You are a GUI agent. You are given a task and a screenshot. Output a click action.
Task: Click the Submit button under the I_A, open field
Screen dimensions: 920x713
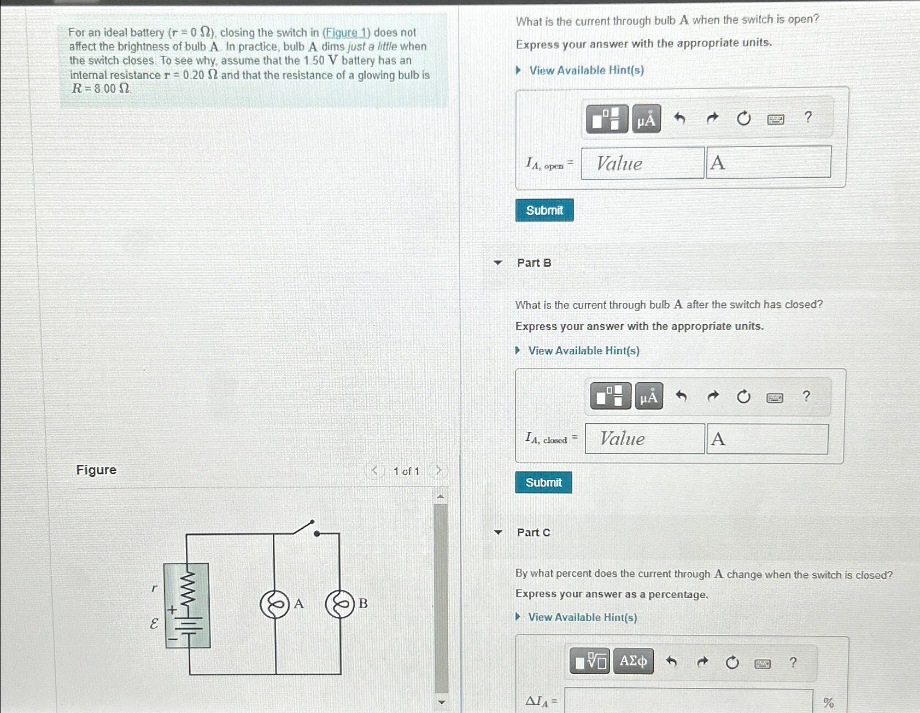[x=544, y=210]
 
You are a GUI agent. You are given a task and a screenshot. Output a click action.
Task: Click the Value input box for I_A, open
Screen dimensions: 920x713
[x=642, y=163]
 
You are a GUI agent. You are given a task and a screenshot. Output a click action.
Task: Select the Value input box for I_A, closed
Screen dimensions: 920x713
[x=644, y=439]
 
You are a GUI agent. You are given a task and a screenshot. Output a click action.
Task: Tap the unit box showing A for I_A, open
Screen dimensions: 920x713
[x=769, y=162]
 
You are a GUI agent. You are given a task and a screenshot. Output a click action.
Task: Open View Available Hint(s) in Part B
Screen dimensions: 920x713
[x=583, y=350]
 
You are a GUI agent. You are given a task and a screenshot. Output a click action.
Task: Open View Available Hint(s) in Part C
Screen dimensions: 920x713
[x=582, y=617]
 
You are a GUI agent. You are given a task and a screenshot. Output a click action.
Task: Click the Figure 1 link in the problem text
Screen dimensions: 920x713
[x=346, y=33]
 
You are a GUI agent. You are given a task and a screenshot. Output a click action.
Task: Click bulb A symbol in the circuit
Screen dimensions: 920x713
[x=274, y=604]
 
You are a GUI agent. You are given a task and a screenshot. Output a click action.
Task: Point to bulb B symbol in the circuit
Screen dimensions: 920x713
[x=340, y=604]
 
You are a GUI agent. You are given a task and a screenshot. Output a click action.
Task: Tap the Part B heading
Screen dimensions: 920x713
[x=534, y=263]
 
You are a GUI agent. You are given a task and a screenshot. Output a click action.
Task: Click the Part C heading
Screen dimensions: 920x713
[x=534, y=533]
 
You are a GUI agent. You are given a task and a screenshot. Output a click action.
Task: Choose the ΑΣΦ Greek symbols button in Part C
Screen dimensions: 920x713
[x=633, y=662]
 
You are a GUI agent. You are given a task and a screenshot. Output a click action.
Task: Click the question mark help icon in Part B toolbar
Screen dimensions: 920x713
[x=806, y=396]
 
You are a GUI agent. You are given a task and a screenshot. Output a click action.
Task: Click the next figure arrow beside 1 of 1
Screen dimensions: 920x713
[x=438, y=470]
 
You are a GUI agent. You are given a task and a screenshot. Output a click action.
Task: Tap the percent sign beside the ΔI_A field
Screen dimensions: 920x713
[x=829, y=703]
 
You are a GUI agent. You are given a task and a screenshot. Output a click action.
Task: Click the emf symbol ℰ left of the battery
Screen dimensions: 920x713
[x=154, y=623]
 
